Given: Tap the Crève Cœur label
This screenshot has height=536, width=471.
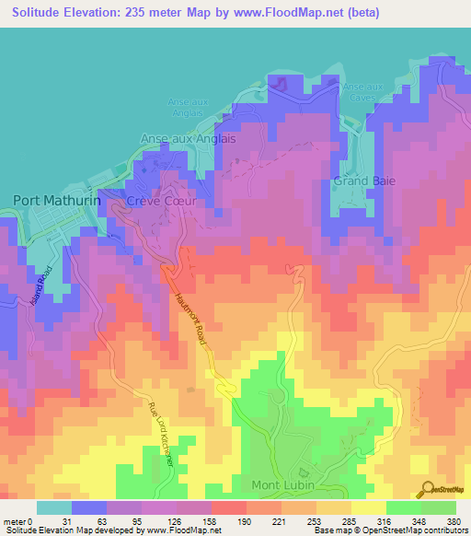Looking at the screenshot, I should [156, 201].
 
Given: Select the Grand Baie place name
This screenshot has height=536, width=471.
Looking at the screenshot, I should [364, 181].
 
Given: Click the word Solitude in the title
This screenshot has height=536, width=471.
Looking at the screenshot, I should [40, 14].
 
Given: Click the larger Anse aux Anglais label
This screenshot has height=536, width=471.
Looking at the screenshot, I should [188, 138].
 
